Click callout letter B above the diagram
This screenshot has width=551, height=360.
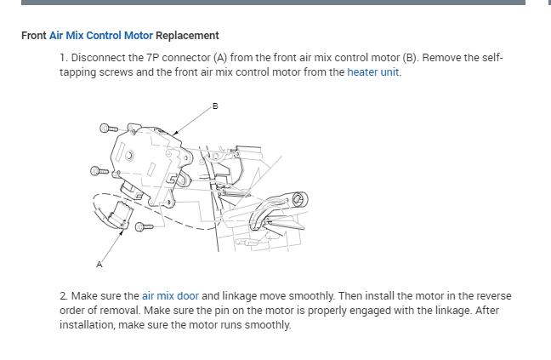coord(215,106)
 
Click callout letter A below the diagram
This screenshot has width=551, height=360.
coord(99,265)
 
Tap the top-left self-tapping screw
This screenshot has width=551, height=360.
coord(107,129)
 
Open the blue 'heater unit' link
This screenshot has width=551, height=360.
coord(372,72)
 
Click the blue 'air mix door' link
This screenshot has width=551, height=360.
coord(170,295)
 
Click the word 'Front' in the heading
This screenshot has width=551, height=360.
coord(33,36)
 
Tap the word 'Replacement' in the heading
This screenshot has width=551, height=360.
coord(187,36)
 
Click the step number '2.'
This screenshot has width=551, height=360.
coord(64,295)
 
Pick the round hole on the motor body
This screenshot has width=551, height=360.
coord(128,156)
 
